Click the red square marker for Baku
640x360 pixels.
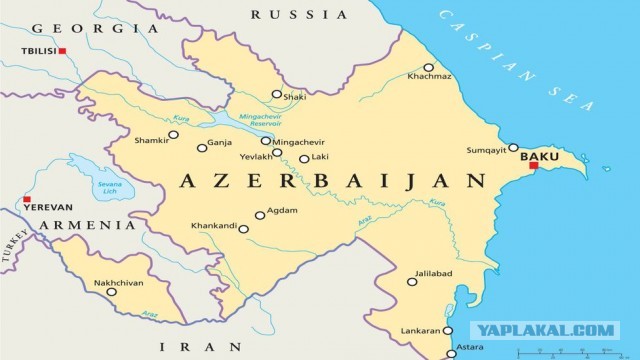click(x=533, y=165)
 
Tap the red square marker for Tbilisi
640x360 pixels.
click(x=62, y=50)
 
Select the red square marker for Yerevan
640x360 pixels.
click(x=27, y=199)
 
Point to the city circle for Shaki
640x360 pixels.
click(x=277, y=94)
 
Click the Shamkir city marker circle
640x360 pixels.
click(x=173, y=134)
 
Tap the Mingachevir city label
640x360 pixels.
click(x=300, y=141)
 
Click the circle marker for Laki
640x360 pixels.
click(x=304, y=158)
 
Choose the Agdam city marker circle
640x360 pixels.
click(x=260, y=214)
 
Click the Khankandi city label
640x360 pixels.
click(x=212, y=227)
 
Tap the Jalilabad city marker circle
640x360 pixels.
click(x=412, y=282)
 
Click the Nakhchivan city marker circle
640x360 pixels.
click(x=111, y=292)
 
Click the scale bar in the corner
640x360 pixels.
click(x=560, y=352)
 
